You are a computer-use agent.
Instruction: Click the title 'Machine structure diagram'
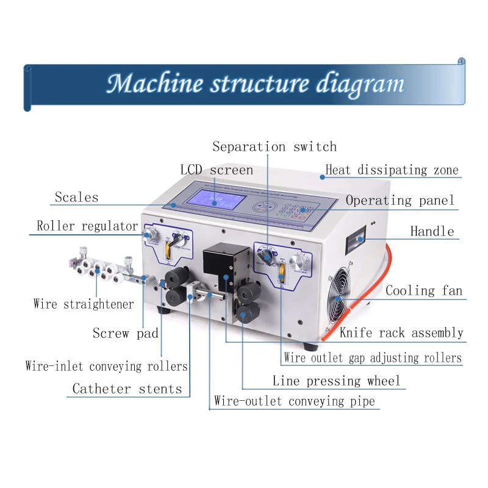[x=255, y=84]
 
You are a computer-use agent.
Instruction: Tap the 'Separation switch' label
[x=274, y=147]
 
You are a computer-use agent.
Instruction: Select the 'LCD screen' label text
[x=217, y=170]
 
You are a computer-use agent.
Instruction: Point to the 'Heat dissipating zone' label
[x=392, y=170]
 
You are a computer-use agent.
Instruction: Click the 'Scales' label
[x=76, y=197]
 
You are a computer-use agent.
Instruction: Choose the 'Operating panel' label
[x=400, y=201]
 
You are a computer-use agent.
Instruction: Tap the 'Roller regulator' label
[x=87, y=226]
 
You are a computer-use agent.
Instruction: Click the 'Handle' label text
[x=432, y=231]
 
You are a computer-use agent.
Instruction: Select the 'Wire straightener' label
[x=84, y=304]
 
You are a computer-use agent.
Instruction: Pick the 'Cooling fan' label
[x=424, y=291]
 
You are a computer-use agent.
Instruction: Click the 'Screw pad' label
[x=126, y=333]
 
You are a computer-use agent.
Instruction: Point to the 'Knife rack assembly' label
[x=401, y=333]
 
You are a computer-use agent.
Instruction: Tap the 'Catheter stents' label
[x=127, y=389]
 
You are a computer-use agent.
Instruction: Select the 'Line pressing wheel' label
[x=337, y=382]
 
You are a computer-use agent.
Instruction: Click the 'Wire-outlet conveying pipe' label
[x=295, y=401]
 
